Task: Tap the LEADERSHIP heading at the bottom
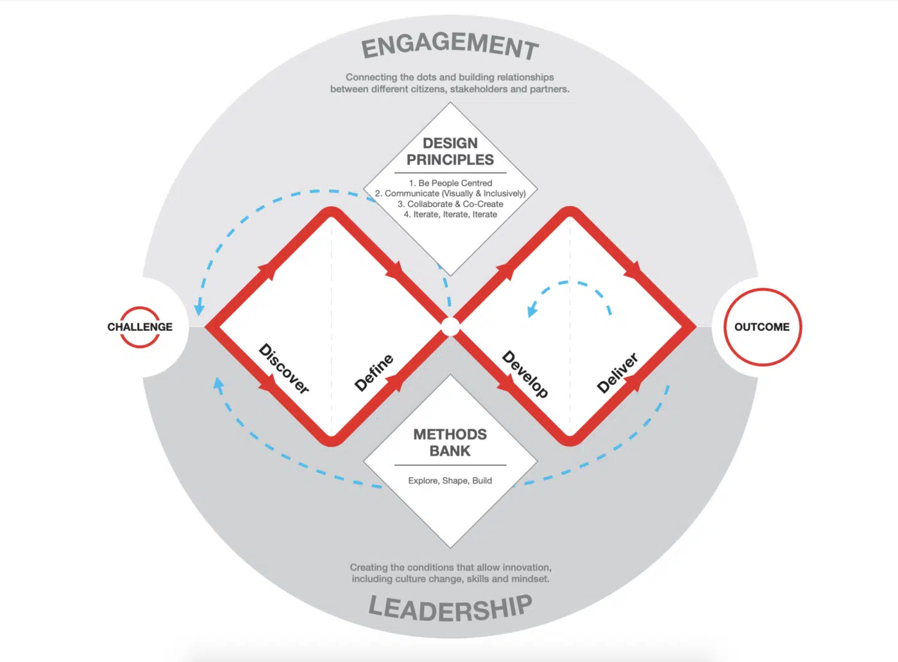point(450,609)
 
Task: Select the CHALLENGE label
point(140,327)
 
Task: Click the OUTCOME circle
point(762,327)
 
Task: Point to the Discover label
point(284,368)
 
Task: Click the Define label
point(374,373)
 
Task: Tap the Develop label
point(525,374)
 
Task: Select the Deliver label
point(617,373)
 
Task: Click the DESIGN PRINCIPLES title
point(450,151)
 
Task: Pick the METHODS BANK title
point(450,442)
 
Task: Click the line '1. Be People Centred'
point(450,183)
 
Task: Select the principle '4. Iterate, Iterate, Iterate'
point(450,214)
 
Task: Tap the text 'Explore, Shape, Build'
point(450,480)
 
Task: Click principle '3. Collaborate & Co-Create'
point(450,204)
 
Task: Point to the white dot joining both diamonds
point(450,327)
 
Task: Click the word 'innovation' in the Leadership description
point(528,567)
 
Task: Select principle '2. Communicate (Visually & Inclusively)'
point(450,193)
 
